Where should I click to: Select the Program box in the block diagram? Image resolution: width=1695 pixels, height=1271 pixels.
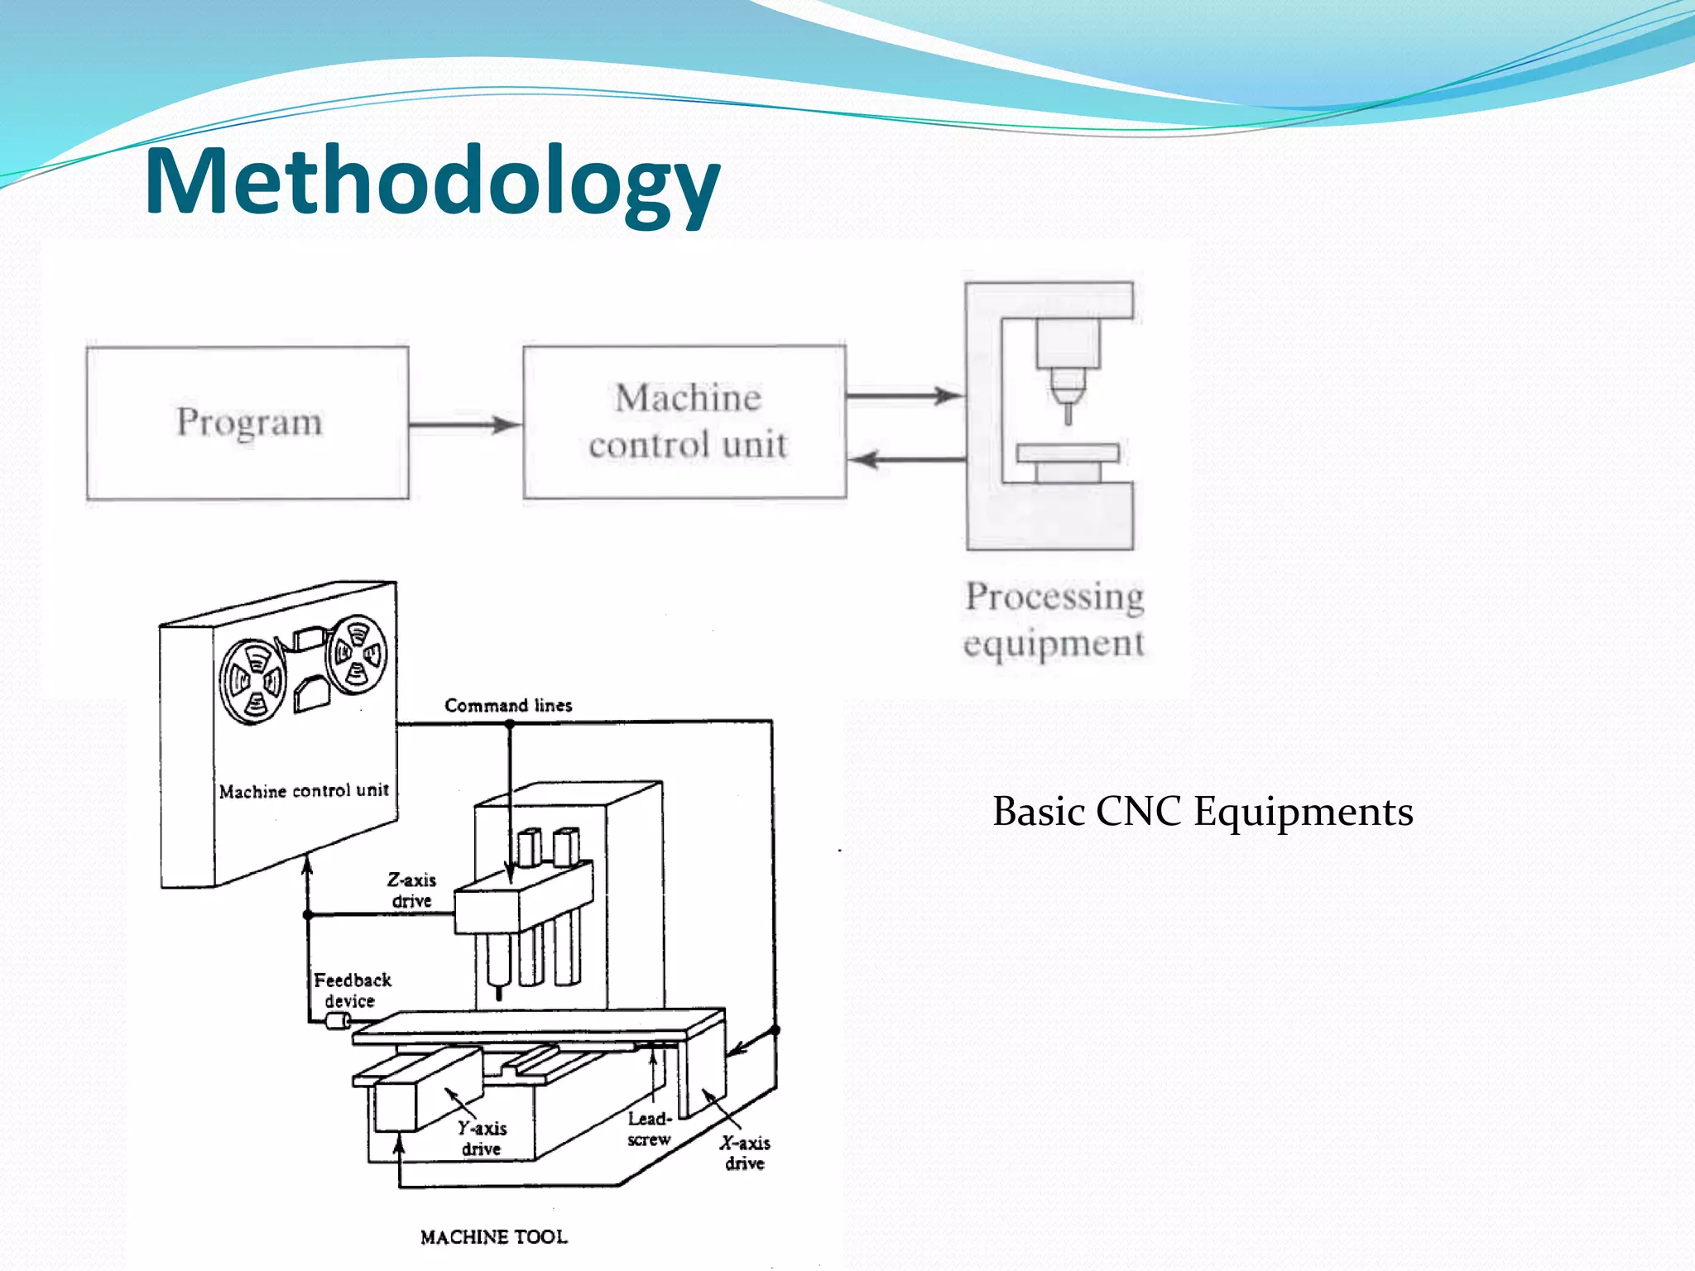tap(247, 423)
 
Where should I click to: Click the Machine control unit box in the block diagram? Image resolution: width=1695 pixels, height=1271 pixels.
tap(685, 422)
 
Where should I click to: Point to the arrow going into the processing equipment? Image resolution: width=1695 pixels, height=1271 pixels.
tap(905, 396)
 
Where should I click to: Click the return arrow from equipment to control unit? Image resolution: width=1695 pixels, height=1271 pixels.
tap(906, 459)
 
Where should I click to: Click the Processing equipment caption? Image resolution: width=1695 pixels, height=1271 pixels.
tap(1054, 619)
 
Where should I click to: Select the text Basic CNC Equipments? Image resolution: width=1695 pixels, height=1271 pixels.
tap(1203, 811)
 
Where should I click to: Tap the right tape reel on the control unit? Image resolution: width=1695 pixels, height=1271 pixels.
tap(357, 654)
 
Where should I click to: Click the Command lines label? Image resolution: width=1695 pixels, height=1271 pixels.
tap(508, 706)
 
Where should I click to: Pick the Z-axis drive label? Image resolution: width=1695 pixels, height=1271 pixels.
tap(411, 890)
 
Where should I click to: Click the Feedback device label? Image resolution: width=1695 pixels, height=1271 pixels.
tap(352, 990)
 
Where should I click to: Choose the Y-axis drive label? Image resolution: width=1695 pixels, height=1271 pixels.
tap(482, 1139)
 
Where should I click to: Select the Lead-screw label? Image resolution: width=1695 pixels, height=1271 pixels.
tap(649, 1129)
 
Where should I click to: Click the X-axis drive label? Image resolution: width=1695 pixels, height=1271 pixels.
tap(745, 1153)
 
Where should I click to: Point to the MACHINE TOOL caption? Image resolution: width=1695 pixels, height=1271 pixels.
tap(494, 1237)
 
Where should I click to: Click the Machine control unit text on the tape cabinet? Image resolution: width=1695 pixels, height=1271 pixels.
tap(304, 791)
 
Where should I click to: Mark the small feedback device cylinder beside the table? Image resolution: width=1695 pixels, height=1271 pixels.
tap(338, 1021)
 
